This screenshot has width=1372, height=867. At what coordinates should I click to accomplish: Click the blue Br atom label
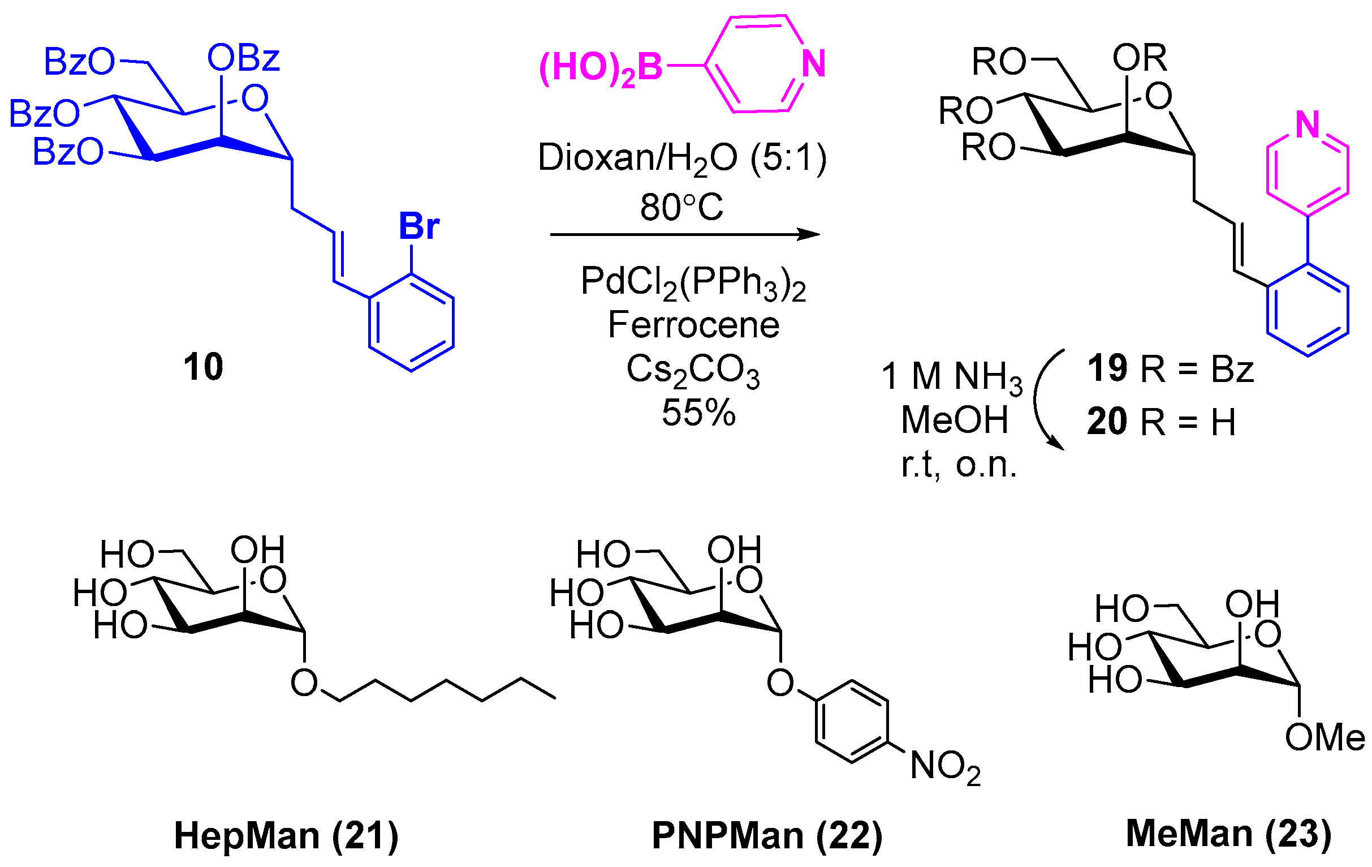click(418, 226)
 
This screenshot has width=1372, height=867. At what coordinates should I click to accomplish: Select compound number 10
click(203, 367)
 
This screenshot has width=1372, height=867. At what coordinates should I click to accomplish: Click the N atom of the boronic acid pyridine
click(813, 64)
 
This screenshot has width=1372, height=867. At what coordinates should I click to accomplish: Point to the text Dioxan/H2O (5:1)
click(682, 158)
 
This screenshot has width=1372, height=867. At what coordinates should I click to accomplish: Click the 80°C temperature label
click(681, 207)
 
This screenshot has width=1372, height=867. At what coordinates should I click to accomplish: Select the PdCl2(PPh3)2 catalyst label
click(693, 283)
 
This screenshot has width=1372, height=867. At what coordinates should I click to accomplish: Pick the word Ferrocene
click(693, 325)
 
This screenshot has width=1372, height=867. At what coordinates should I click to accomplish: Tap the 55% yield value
click(698, 412)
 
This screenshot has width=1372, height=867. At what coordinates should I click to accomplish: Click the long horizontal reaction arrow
click(684, 234)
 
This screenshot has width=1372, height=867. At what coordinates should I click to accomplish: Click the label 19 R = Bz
click(1170, 368)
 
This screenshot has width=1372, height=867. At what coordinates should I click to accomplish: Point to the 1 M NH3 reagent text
click(951, 377)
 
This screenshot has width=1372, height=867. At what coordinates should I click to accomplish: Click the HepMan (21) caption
click(286, 836)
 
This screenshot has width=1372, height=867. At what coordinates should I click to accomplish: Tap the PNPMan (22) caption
click(767, 836)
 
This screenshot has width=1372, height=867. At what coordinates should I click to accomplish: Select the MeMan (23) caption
click(1229, 834)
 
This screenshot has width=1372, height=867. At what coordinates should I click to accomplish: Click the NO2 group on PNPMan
click(945, 766)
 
